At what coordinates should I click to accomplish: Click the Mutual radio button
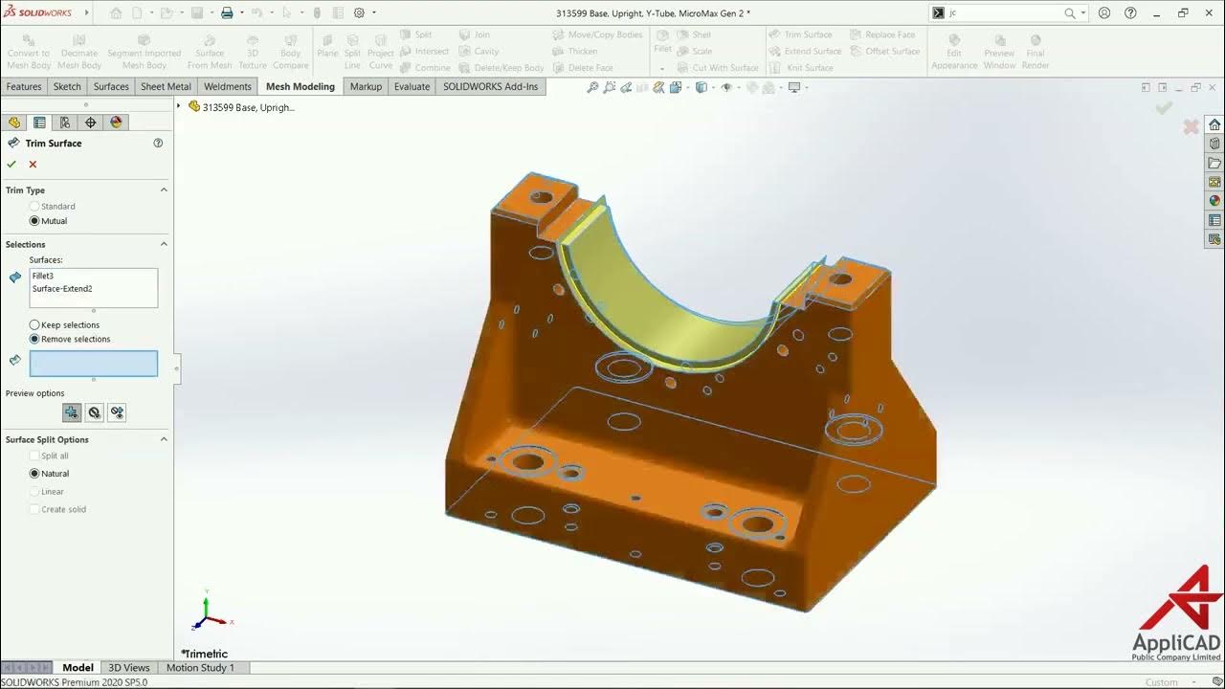tap(35, 221)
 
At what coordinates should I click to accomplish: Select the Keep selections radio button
tap(35, 325)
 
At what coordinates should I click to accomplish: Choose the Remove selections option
tap(35, 339)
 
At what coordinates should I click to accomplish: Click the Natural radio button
tap(35, 474)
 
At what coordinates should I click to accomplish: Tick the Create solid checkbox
tap(35, 509)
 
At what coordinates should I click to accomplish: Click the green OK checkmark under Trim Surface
tap(11, 165)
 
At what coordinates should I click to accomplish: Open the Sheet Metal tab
tap(166, 86)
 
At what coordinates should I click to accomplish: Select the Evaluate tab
tap(412, 86)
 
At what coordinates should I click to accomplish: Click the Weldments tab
tap(228, 86)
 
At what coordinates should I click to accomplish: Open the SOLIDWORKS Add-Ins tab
tap(490, 86)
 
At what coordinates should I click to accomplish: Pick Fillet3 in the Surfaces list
tap(43, 276)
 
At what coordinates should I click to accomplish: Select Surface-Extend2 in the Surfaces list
tap(62, 288)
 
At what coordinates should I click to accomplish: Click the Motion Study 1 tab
tap(200, 668)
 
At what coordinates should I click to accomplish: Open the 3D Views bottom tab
tap(128, 668)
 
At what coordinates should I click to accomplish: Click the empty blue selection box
tap(94, 364)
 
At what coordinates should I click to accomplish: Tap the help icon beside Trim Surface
tap(158, 144)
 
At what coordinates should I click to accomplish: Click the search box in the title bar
tap(1005, 13)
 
